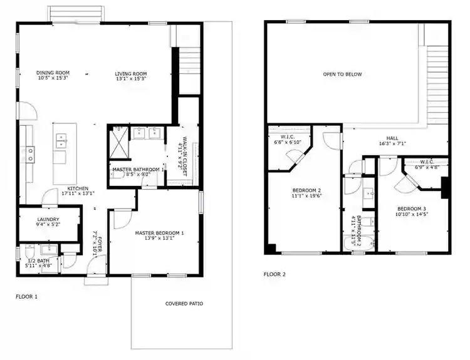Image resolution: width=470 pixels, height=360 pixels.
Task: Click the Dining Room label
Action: tap(53, 76)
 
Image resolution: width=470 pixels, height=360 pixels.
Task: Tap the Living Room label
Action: tap(130, 76)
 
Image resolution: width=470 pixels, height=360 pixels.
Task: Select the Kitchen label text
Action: tap(78, 190)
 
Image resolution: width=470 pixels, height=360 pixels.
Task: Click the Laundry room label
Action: tap(48, 221)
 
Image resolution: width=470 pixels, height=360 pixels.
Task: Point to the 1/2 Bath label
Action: tap(39, 262)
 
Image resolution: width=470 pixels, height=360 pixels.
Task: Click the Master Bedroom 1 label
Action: tap(160, 235)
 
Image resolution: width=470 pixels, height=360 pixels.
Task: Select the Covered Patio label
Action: tap(184, 304)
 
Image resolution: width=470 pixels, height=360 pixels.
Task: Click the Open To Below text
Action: tap(342, 74)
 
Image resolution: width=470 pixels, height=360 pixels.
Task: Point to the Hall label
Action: tap(392, 140)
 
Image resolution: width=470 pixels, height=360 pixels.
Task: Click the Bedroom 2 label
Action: tap(306, 193)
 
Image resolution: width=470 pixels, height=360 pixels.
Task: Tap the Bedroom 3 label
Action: tap(412, 211)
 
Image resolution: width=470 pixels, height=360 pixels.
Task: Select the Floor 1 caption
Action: tap(26, 296)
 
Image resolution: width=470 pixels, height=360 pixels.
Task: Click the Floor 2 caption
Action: tap(274, 274)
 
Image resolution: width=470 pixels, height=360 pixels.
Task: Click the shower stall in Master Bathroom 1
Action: tap(118, 141)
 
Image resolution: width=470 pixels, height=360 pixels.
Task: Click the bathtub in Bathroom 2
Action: tap(360, 245)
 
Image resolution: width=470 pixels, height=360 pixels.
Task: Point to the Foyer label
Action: tap(96, 239)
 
